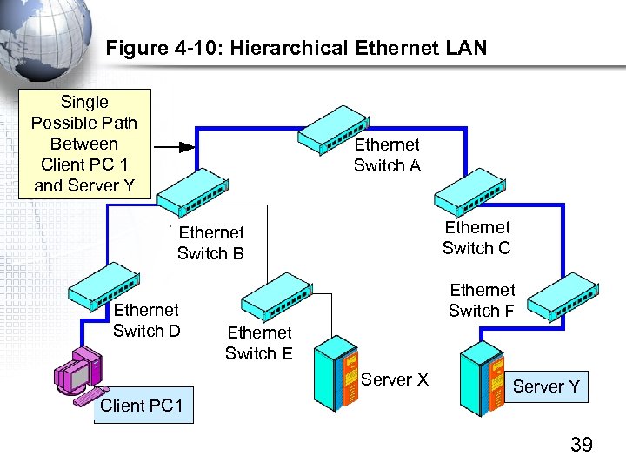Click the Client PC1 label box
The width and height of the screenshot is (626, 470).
click(143, 406)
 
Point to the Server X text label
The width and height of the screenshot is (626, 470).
click(395, 379)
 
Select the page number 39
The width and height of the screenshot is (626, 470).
click(581, 446)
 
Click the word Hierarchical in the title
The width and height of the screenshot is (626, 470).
click(286, 48)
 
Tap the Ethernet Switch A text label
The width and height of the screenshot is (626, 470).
click(387, 155)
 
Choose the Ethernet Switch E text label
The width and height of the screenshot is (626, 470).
click(259, 342)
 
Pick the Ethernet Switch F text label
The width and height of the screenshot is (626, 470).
click(482, 300)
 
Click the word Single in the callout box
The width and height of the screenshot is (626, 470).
click(84, 102)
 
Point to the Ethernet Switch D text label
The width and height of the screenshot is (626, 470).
click(146, 320)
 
